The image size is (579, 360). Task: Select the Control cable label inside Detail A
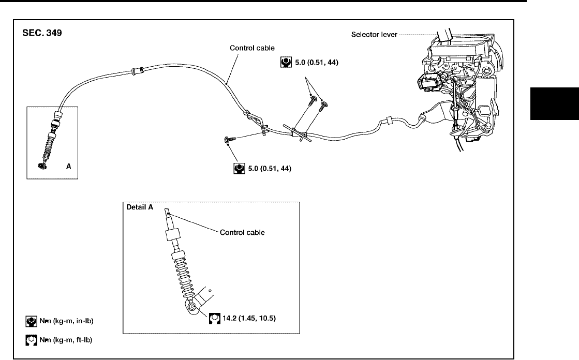[x=242, y=232]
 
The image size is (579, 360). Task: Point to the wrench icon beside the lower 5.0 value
[x=239, y=169]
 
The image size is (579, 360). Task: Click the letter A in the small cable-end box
[x=68, y=167]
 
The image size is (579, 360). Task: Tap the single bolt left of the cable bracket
[x=229, y=139]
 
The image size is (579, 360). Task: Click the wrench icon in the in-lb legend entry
[x=32, y=322]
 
